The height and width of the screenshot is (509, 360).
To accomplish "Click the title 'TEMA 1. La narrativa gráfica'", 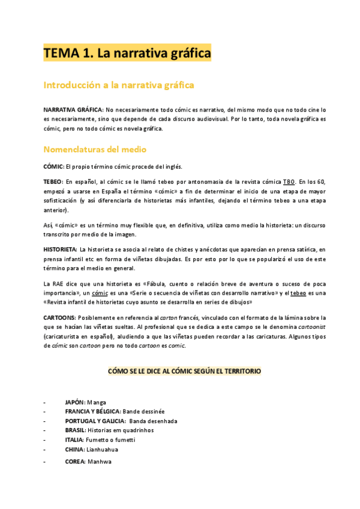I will pos(127,53).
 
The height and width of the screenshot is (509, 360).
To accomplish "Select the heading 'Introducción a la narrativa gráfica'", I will pos(119,85).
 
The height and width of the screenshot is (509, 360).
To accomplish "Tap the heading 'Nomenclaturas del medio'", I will pos(95,149).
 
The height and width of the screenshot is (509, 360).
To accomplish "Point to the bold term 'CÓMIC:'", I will pos(53,166).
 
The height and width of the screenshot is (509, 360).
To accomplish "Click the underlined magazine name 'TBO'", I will pos(289,181).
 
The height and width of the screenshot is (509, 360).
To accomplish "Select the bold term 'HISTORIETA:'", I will pos(60,248).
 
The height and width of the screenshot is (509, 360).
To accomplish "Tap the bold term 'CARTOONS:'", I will pos(59,316).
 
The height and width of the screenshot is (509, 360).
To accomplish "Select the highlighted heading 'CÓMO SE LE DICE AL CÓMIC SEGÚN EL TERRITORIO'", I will pos(185,372).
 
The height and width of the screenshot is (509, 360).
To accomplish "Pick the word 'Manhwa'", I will pos(100,462).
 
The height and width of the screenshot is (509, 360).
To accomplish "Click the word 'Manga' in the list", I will pos(96,402).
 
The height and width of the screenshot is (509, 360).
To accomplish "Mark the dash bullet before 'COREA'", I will pos(44,462).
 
